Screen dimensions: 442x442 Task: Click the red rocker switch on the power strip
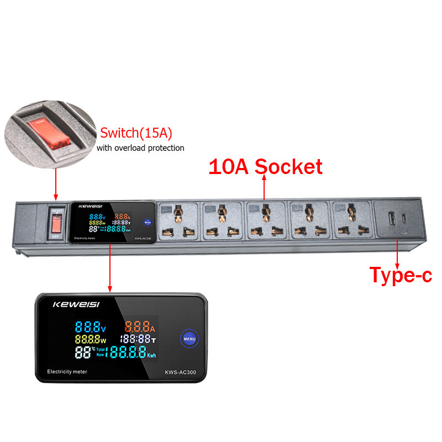(x=55, y=224)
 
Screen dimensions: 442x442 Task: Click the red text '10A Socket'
(x=265, y=166)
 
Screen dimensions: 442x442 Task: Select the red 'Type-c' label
(x=400, y=275)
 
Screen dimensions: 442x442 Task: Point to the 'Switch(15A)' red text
(x=135, y=134)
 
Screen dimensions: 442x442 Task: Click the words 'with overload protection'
(x=140, y=148)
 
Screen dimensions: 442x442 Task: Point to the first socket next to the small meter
(x=177, y=222)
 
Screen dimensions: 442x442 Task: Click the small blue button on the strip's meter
(x=147, y=222)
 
